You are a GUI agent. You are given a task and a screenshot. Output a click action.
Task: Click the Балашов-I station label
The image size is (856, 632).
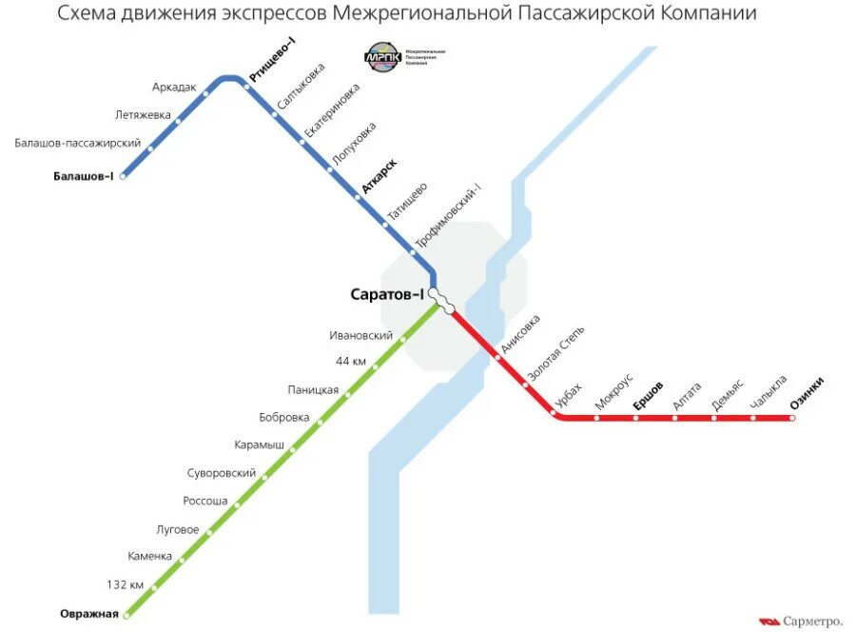83,175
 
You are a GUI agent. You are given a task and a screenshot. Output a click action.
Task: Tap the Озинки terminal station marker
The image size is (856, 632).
791,417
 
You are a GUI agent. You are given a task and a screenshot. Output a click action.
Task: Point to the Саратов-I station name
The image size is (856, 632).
387,295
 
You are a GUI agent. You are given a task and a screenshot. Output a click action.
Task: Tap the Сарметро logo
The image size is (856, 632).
802,621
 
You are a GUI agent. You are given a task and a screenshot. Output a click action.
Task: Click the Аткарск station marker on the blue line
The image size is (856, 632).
358,196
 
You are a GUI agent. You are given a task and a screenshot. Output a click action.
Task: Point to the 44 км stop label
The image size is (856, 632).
350,361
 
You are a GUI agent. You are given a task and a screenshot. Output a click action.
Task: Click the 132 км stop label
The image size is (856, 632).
125,584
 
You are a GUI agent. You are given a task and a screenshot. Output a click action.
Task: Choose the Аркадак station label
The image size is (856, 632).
174,87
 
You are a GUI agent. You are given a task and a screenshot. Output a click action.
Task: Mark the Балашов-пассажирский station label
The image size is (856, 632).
78,143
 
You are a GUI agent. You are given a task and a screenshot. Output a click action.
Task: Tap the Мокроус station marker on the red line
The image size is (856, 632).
597,417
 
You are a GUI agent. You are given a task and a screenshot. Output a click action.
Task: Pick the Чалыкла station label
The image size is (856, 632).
768,394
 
